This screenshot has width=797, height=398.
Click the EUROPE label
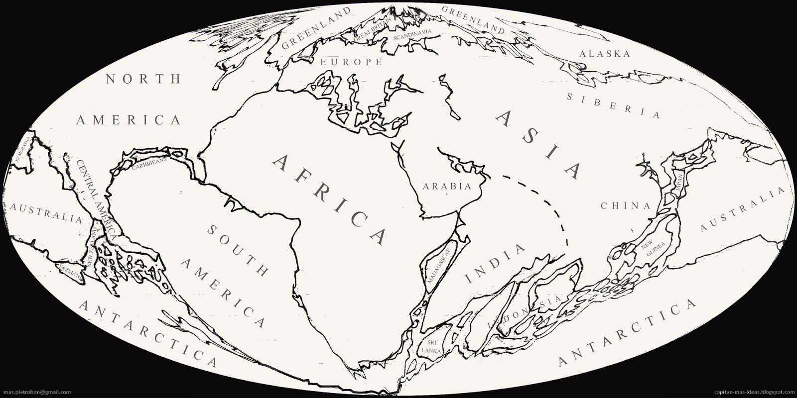(351, 62)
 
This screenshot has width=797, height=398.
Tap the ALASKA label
(605, 54)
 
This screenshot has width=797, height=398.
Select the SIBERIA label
(613, 105)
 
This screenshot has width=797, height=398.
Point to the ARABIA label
(446, 187)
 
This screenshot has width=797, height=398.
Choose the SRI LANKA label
(428, 346)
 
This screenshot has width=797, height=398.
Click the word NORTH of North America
(143, 79)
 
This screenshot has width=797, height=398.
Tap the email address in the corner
(35, 392)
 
